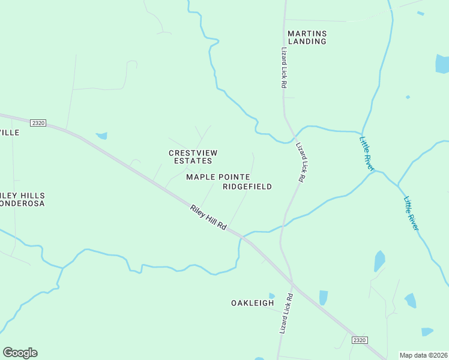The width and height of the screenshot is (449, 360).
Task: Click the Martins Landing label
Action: point(307,37)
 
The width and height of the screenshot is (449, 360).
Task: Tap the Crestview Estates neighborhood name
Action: point(193,157)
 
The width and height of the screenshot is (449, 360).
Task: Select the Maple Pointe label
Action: point(218,176)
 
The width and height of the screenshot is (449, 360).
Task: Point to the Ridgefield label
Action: point(247,187)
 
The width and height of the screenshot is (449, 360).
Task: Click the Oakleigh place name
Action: point(253,303)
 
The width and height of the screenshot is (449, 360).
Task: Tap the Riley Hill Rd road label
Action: point(208,218)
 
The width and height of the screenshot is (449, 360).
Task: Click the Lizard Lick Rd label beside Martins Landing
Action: point(283,68)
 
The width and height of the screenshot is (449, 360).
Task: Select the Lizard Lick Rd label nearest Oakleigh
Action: point(286,314)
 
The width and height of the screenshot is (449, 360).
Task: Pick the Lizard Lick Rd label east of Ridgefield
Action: point(301,163)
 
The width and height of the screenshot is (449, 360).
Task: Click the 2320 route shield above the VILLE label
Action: point(38,123)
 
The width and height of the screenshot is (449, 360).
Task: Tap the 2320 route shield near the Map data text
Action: point(359,340)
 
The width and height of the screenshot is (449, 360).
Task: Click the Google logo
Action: point(20,353)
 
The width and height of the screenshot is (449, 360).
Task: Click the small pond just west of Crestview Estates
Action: point(101,136)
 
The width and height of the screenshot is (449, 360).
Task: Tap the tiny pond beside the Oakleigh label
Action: point(272,296)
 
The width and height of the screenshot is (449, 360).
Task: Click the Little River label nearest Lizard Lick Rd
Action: point(366,154)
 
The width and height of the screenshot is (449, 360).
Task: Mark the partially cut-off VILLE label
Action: point(10,132)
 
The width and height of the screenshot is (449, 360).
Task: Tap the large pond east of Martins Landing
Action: point(442,63)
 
